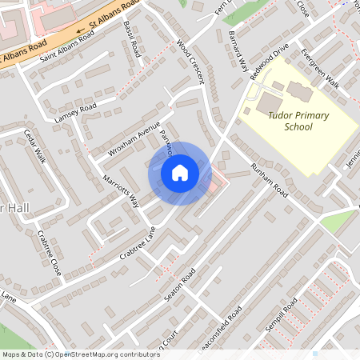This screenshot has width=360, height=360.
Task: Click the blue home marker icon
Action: (x=180, y=173)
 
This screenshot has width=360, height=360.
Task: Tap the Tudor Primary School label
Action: (x=298, y=121)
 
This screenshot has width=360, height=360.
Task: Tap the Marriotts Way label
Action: (x=120, y=190)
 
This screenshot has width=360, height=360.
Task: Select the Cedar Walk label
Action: (x=35, y=146)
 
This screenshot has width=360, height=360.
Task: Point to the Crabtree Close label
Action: (x=50, y=252)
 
